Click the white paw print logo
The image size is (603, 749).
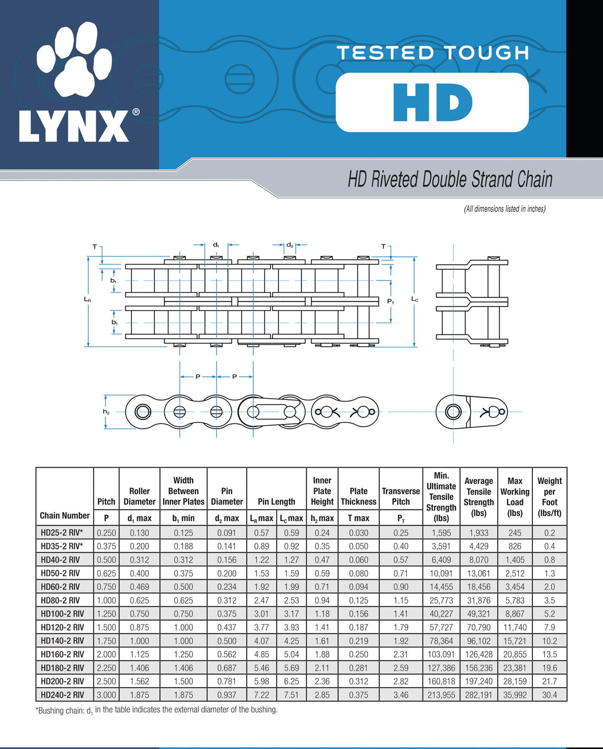[x=74, y=59]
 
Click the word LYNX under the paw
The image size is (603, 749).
[x=74, y=126]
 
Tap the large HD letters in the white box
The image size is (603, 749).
[x=432, y=102]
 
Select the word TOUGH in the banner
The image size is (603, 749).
[x=487, y=52]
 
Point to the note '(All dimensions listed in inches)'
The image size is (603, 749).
[x=505, y=209]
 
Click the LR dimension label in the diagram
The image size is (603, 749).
[x=87, y=299]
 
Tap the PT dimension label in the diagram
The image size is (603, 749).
[x=390, y=301]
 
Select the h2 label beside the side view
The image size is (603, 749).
[x=106, y=412]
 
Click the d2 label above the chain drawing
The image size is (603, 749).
[x=290, y=245]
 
